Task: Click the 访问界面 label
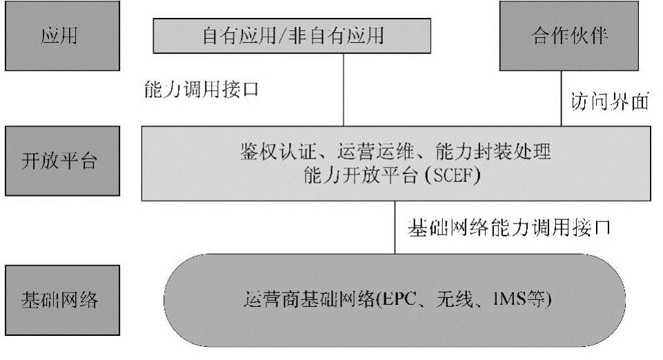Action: click(611, 101)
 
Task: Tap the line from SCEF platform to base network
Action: click(395, 228)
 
